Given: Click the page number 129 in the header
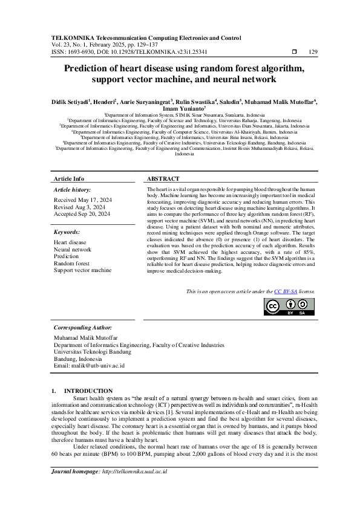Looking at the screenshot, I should click(313, 52).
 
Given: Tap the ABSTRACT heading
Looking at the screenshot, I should click(163, 179).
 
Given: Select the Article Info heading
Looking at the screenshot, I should click(69, 179).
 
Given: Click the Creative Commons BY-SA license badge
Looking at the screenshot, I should click(289, 306).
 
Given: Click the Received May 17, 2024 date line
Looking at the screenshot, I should click(82, 199).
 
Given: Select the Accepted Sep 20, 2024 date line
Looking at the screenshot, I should click(82, 214).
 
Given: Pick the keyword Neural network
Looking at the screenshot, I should click(73, 249).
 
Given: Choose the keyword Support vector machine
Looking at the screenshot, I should click(82, 270).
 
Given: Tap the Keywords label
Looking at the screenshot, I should click(67, 232).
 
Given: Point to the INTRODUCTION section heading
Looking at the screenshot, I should click(88, 391).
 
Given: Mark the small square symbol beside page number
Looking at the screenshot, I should click(294, 52).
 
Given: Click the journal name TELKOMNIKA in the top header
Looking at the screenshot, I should click(74, 37).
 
